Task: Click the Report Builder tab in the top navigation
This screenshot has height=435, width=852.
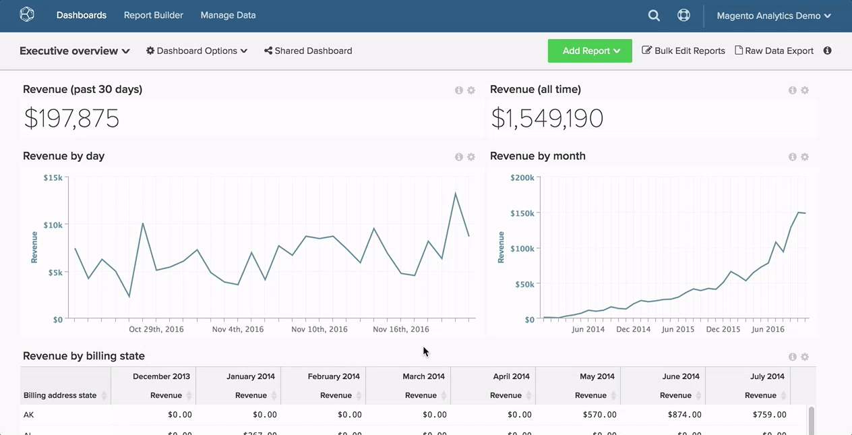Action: click(x=153, y=15)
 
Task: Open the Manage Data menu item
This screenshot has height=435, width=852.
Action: click(x=228, y=15)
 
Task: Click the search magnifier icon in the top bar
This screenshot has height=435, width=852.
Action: click(x=654, y=15)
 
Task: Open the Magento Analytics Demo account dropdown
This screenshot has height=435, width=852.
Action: click(x=773, y=16)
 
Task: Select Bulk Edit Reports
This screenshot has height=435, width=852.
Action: click(x=683, y=51)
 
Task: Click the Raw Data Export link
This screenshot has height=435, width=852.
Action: click(x=774, y=51)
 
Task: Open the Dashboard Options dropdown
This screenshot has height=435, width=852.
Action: click(x=197, y=51)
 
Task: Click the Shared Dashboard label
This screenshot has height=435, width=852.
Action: click(x=308, y=51)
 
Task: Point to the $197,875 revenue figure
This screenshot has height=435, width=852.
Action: click(x=71, y=119)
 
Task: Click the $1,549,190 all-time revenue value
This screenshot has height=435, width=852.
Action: click(x=547, y=119)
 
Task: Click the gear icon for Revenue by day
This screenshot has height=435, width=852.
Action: click(x=471, y=157)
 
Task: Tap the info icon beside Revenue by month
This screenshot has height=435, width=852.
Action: click(x=793, y=157)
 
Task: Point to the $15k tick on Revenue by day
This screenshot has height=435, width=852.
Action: click(x=53, y=177)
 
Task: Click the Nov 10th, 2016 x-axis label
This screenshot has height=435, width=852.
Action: click(x=319, y=329)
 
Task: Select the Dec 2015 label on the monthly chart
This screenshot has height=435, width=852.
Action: click(x=723, y=329)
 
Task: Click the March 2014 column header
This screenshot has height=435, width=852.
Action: click(x=423, y=376)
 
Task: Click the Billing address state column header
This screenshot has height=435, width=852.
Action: click(x=61, y=395)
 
